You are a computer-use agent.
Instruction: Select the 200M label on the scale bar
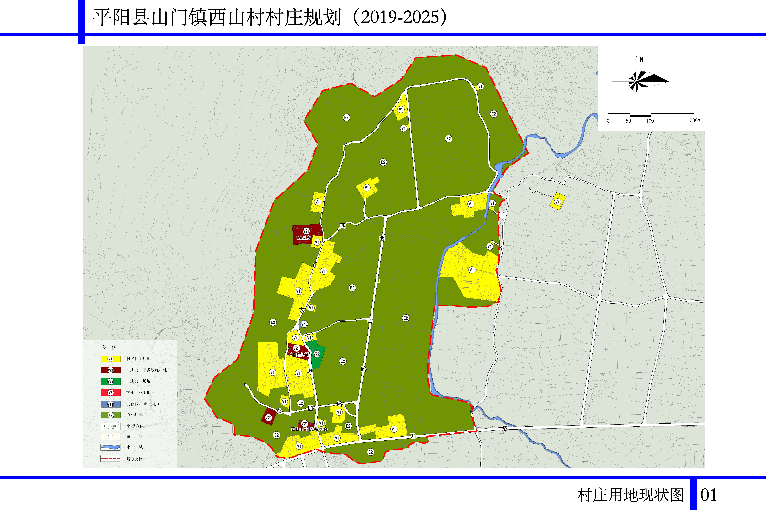[695, 120]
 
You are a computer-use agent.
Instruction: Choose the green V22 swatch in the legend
[110, 381]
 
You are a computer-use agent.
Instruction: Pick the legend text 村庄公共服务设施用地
[147, 370]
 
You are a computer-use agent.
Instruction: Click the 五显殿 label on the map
[304, 238]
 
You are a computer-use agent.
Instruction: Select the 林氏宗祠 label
[299, 355]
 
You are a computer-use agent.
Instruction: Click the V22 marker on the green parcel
[317, 354]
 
